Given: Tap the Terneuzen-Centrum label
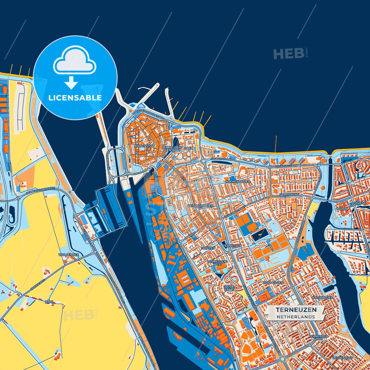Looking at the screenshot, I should pyautogui.click(x=172, y=149).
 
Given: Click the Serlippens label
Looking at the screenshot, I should pyautogui.click(x=289, y=195).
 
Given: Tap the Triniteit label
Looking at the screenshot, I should pyautogui.click(x=208, y=248).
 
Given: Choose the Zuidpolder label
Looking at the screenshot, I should pyautogui.click(x=273, y=283).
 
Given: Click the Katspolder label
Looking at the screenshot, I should pyautogui.click(x=323, y=298).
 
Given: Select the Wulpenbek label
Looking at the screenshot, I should pyautogui.click(x=69, y=255).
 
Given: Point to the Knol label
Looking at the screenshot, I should pyautogui.click(x=49, y=302).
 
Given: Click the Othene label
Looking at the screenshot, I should pyautogui.click(x=360, y=203).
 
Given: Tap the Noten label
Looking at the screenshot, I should pyautogui.click(x=342, y=209).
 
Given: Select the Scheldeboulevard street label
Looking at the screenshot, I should pyautogui.click(x=150, y=114).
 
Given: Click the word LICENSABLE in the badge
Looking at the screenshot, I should pyautogui.click(x=75, y=98).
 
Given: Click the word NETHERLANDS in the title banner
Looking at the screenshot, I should pyautogui.click(x=296, y=317).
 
